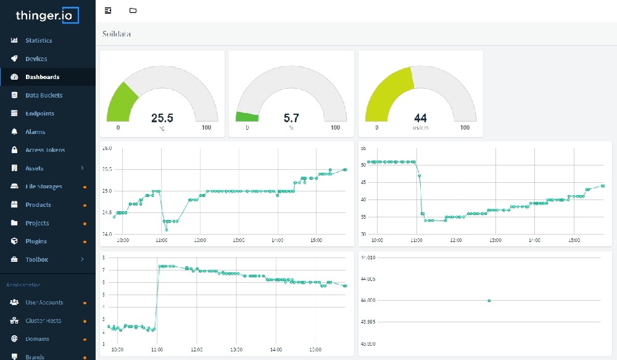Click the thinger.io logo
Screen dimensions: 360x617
48,15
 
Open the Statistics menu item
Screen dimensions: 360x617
38,41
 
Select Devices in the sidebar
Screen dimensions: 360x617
36,59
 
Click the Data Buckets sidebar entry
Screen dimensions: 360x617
43,96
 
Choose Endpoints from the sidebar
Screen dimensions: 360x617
39,114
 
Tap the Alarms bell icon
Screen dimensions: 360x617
14,132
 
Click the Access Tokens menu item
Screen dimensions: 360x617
44,150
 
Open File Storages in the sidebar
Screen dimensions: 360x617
43,186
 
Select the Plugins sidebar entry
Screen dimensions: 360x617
36,241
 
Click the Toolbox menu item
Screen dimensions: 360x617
36,260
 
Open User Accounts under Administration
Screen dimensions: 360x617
44,303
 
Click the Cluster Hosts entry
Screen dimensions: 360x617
43,321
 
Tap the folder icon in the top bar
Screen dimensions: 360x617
133,10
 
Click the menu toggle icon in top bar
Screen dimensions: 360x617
108,10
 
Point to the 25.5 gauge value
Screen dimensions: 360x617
162,118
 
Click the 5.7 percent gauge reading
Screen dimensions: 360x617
291,118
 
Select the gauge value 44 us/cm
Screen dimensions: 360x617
420,118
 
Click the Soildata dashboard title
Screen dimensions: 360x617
117,34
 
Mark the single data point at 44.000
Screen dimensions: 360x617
489,301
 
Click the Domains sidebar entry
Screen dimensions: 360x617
37,339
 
